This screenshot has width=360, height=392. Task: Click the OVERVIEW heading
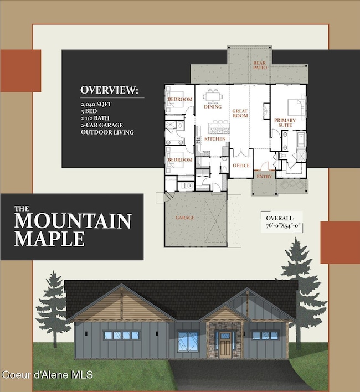click(109, 90)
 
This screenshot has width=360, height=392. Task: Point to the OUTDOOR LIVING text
click(107, 132)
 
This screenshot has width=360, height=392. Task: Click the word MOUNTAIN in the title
click(73, 221)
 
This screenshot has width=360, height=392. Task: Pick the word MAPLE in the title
click(49, 239)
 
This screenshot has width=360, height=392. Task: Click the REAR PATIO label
click(260, 65)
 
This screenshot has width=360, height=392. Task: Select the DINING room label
click(213, 107)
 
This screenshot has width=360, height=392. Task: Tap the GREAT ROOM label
click(240, 114)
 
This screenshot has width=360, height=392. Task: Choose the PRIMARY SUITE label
click(283, 123)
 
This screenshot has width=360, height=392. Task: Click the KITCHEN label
click(214, 139)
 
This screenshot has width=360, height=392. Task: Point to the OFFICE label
click(241, 166)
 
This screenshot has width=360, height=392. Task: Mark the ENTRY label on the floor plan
click(264, 176)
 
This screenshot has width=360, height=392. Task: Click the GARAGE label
click(185, 218)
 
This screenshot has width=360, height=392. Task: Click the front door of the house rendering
click(224, 345)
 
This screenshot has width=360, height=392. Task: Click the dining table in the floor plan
click(213, 97)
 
